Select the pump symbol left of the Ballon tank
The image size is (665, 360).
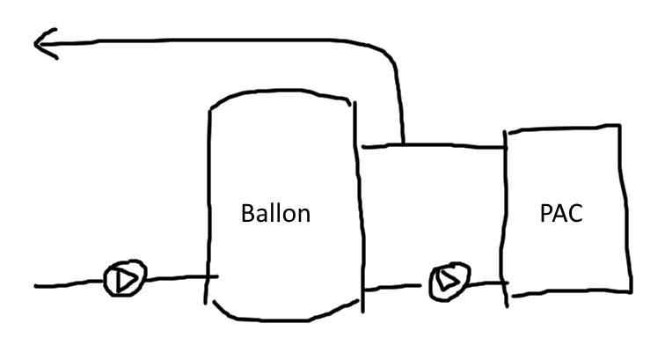coord(118,281)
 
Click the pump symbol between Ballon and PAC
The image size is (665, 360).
coord(447,281)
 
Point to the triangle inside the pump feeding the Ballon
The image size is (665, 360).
coord(119,281)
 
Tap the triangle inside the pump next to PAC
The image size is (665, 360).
coord(448,281)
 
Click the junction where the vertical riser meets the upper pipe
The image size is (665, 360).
coord(402,145)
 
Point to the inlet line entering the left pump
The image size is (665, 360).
coord(66,285)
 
